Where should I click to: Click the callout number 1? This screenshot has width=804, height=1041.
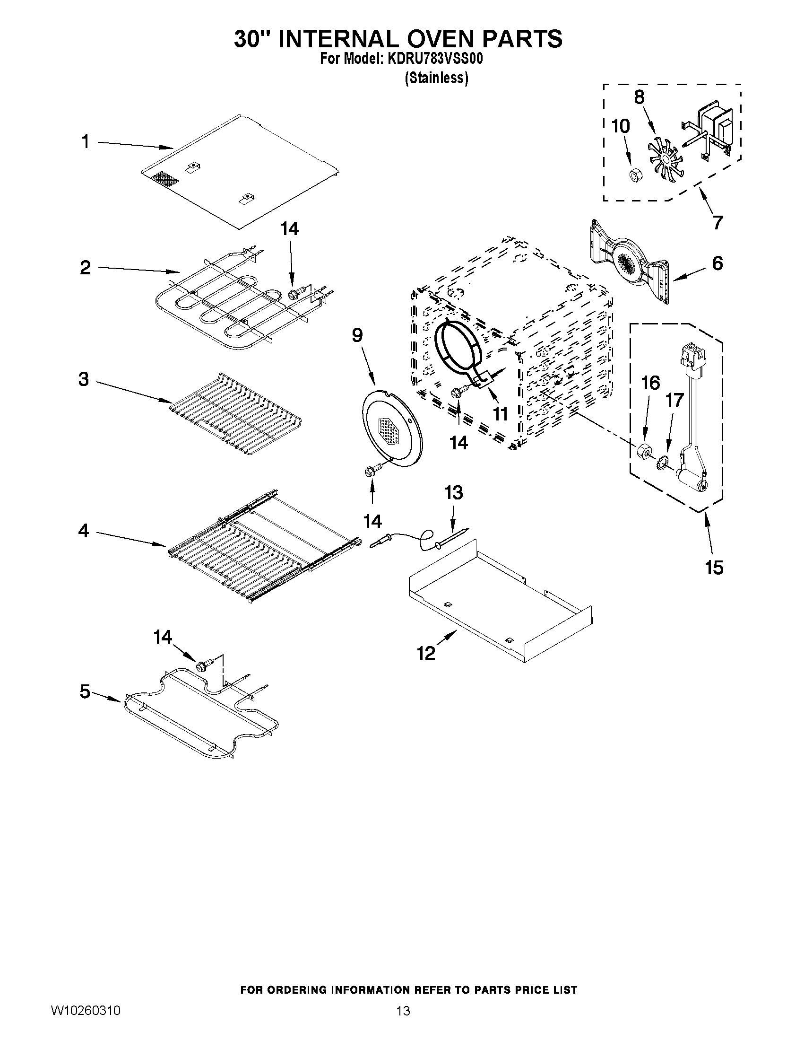point(85,141)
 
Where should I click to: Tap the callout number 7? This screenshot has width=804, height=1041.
point(718,222)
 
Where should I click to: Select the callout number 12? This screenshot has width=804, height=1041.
point(426,654)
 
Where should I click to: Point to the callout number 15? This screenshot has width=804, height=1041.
point(715,567)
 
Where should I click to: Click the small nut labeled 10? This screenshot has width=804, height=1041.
point(634,175)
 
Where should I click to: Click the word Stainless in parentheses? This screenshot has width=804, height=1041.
point(436,78)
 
